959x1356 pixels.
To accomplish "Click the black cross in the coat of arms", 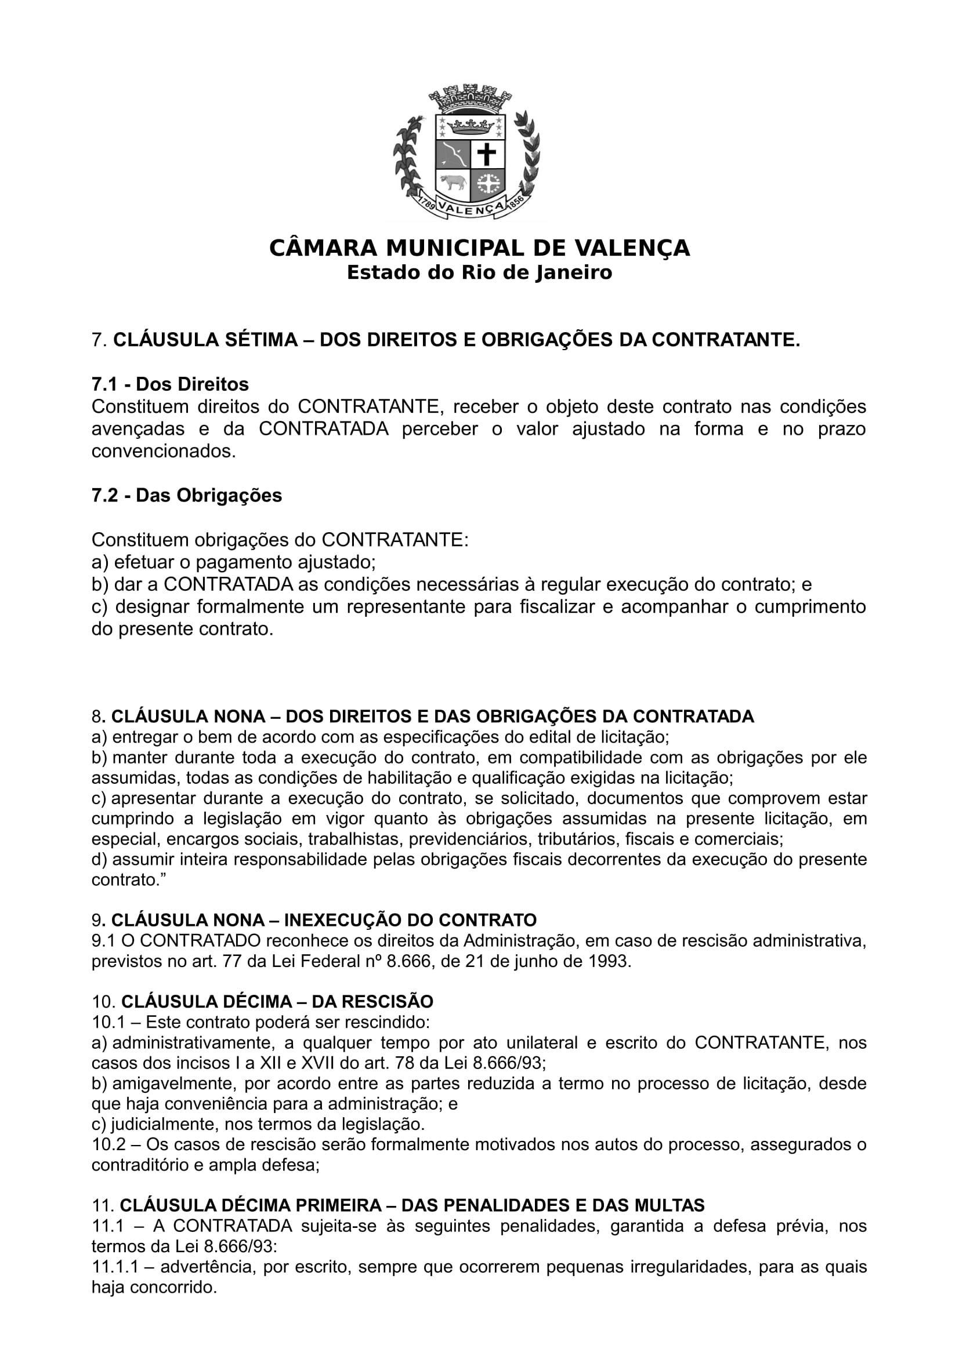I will (x=487, y=154).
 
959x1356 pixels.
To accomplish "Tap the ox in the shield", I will (x=452, y=183).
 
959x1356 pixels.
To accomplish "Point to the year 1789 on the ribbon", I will (x=427, y=204).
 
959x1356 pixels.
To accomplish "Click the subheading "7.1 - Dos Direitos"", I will (x=170, y=384).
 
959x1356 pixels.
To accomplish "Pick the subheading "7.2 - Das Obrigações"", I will (x=187, y=495).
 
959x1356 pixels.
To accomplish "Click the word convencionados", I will (x=163, y=452).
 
